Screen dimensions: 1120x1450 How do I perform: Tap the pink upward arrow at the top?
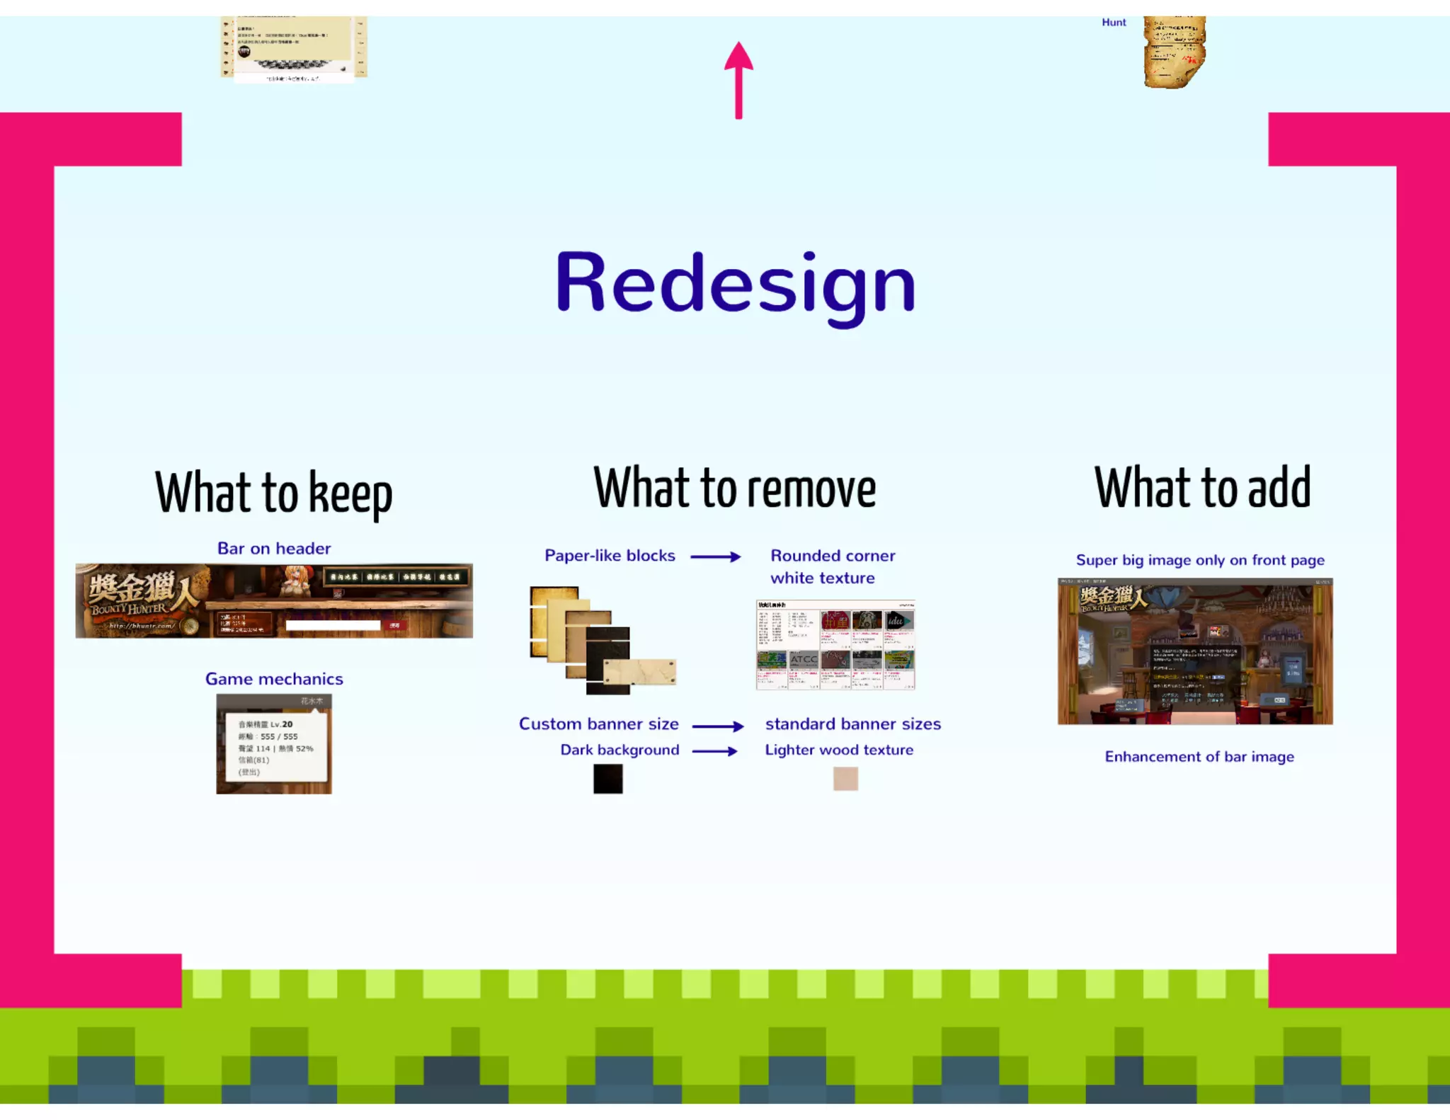tap(738, 79)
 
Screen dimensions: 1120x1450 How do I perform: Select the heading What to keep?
tap(273, 493)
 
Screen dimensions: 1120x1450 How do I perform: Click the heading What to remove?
tap(735, 488)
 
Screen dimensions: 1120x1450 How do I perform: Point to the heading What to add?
tap(1202, 488)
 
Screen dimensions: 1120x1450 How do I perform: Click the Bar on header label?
tap(274, 549)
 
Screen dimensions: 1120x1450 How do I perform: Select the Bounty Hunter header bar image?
tap(274, 600)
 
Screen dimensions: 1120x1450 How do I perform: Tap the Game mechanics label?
tap(274, 679)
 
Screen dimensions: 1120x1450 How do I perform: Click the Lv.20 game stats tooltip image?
tap(274, 744)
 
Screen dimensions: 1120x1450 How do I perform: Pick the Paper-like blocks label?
tap(610, 556)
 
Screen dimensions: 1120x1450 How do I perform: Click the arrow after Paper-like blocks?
tap(715, 557)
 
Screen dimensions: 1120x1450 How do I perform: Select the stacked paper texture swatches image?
tap(602, 640)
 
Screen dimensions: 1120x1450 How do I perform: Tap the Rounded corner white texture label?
tap(832, 567)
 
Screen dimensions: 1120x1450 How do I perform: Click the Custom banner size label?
tap(598, 724)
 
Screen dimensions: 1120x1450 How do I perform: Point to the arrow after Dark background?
tap(714, 751)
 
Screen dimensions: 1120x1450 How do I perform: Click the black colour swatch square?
tap(607, 779)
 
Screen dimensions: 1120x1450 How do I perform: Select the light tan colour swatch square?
tap(845, 779)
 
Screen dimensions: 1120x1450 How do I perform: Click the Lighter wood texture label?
tap(839, 750)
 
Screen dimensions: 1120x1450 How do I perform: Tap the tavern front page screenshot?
tap(1195, 651)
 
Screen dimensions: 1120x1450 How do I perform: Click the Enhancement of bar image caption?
tap(1199, 757)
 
